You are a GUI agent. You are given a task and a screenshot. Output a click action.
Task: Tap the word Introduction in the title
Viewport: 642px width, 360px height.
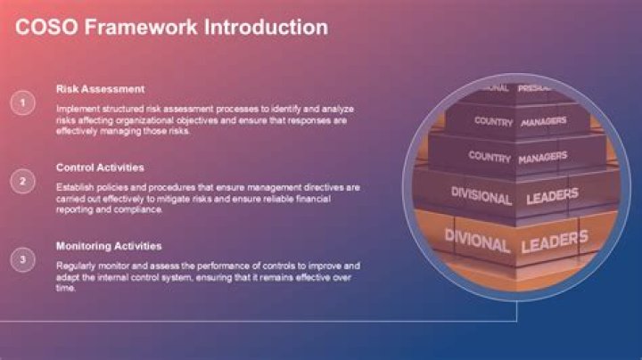pyautogui.click(x=267, y=28)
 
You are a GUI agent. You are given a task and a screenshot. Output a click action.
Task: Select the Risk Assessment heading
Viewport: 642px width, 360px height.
pyautogui.click(x=100, y=89)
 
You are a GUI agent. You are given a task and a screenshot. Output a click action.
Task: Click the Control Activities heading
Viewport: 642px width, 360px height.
pyautogui.click(x=100, y=167)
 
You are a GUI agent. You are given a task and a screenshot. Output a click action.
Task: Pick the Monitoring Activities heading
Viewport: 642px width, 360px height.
pyautogui.click(x=109, y=245)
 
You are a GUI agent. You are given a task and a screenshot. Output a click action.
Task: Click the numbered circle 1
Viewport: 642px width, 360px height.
pyautogui.click(x=22, y=103)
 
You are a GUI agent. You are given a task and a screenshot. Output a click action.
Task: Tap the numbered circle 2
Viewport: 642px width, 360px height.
pyautogui.click(x=22, y=182)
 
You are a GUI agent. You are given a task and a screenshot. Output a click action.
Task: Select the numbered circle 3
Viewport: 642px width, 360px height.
pyautogui.click(x=22, y=260)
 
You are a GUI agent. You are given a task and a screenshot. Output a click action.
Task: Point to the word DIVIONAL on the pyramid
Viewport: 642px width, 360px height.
pyautogui.click(x=478, y=242)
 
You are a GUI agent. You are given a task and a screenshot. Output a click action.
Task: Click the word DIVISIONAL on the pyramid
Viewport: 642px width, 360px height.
pyautogui.click(x=481, y=196)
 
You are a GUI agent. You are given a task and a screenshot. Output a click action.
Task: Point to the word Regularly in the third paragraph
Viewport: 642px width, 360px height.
pyautogui.click(x=75, y=266)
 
